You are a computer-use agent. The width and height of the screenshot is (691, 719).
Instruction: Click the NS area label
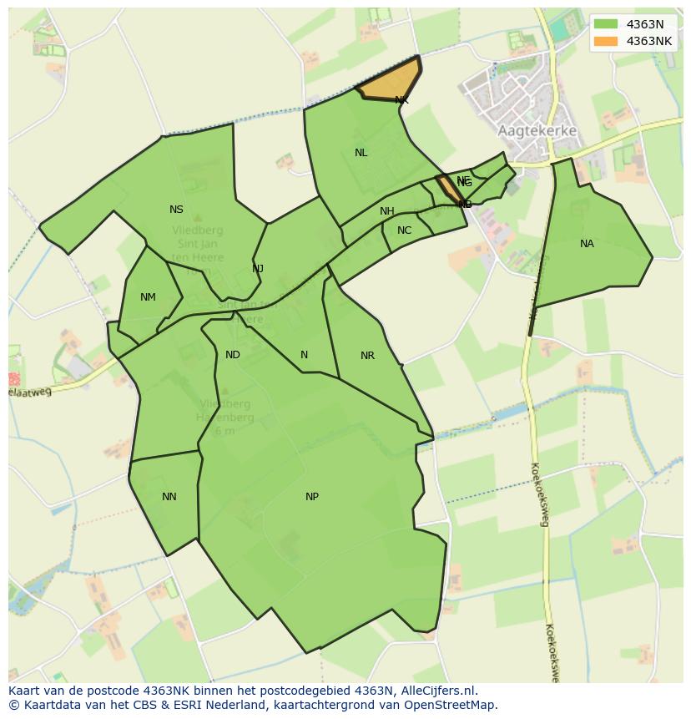[x=176, y=210]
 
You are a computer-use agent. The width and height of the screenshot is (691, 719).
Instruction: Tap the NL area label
[x=361, y=153]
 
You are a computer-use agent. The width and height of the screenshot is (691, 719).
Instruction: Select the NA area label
[x=587, y=244]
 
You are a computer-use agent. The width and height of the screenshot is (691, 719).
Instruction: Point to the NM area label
[x=148, y=297]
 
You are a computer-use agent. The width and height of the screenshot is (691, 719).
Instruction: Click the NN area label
[x=169, y=497]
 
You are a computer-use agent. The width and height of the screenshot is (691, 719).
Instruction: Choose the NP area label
[x=311, y=497]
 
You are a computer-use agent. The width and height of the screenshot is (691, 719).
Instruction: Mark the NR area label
[x=367, y=356]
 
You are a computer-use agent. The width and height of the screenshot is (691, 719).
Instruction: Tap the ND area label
[x=233, y=355]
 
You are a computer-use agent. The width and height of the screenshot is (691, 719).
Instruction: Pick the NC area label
[x=404, y=230]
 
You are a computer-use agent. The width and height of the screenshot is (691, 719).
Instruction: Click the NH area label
[x=386, y=211]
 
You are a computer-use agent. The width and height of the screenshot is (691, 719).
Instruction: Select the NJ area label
[x=258, y=268]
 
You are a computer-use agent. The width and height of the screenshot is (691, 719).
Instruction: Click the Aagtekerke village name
[x=537, y=131]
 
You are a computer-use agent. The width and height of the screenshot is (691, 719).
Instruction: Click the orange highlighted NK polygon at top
[x=391, y=82]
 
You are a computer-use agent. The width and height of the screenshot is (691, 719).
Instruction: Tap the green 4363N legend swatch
[x=607, y=24]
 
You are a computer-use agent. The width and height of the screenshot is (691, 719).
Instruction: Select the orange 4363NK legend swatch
[x=607, y=41]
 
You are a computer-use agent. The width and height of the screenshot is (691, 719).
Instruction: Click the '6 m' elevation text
[x=224, y=431]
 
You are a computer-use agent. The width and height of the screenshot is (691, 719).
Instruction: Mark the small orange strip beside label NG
[x=450, y=190]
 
